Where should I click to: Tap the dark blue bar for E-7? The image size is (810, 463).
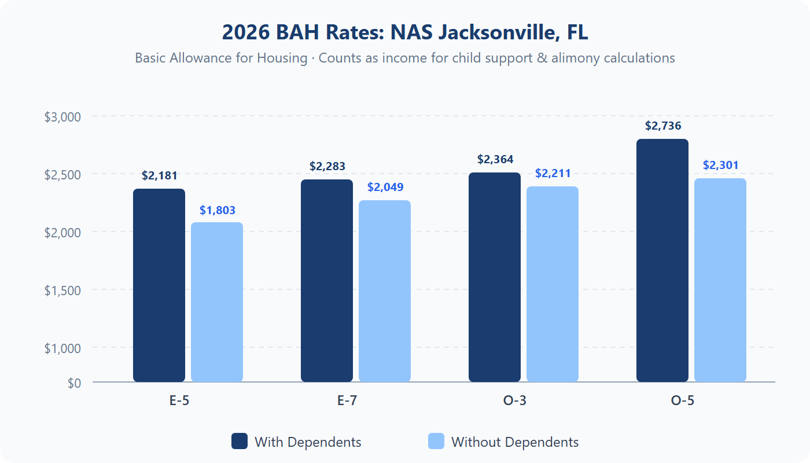[x=327, y=281]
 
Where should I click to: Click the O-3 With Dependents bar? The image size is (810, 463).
[x=495, y=277]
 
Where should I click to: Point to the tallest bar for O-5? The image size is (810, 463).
[x=662, y=260]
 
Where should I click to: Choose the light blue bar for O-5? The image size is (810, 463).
[x=720, y=280]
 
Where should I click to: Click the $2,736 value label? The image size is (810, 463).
[x=663, y=126]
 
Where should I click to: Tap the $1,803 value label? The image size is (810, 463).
[x=218, y=210]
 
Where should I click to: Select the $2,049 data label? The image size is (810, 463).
[x=385, y=187]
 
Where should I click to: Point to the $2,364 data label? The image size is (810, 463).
[x=495, y=159]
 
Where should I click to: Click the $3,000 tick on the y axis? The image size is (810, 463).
[x=62, y=116]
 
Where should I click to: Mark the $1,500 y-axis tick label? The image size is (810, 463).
[x=62, y=290]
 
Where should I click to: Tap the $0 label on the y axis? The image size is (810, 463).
[x=74, y=383]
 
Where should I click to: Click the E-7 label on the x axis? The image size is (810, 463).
[x=347, y=400]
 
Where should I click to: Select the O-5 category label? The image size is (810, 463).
[x=683, y=400]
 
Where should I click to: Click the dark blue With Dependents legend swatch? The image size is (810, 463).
[x=240, y=441]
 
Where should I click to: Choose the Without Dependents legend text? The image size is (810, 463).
[x=515, y=442]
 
